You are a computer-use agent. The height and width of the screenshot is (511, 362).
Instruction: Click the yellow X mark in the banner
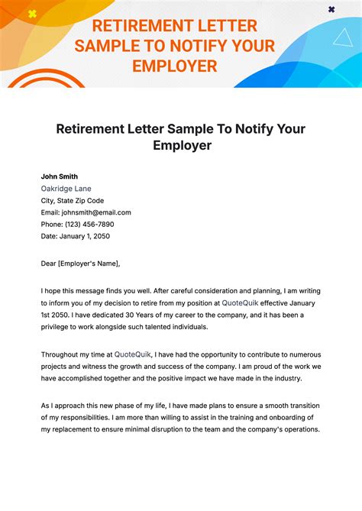click(32, 14)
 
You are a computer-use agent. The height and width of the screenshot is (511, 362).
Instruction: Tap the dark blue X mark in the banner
click(331, 9)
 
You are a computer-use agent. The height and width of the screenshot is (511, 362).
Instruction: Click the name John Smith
click(60, 176)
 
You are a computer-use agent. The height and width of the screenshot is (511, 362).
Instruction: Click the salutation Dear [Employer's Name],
click(80, 264)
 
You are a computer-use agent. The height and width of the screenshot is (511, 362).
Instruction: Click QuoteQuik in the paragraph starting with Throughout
click(134, 354)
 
